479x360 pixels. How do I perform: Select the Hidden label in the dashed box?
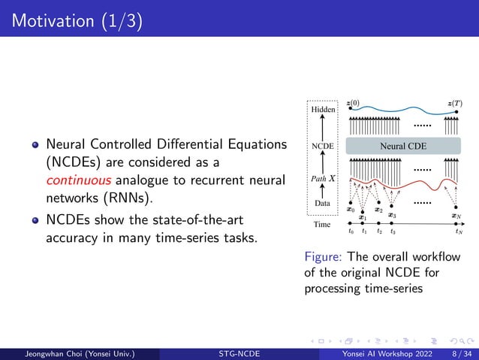point(324,110)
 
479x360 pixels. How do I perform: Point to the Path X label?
point(324,180)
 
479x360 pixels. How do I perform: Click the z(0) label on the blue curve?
point(353,102)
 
